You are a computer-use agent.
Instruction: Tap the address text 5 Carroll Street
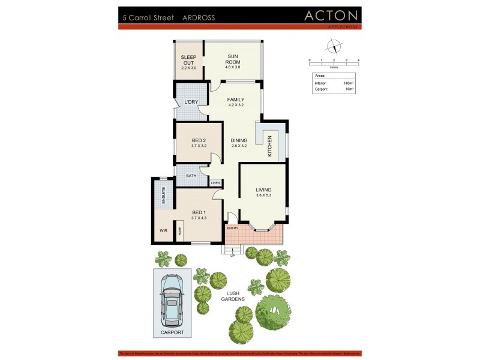148,18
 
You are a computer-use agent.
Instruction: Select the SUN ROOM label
233,58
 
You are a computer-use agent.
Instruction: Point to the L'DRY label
191,103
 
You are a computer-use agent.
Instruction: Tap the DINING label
239,141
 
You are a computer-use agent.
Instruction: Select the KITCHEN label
269,146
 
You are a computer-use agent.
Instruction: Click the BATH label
191,176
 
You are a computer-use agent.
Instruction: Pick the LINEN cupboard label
215,182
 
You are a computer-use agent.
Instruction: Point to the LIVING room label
263,190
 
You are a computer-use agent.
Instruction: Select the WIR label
163,230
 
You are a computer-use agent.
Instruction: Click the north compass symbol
334,46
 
